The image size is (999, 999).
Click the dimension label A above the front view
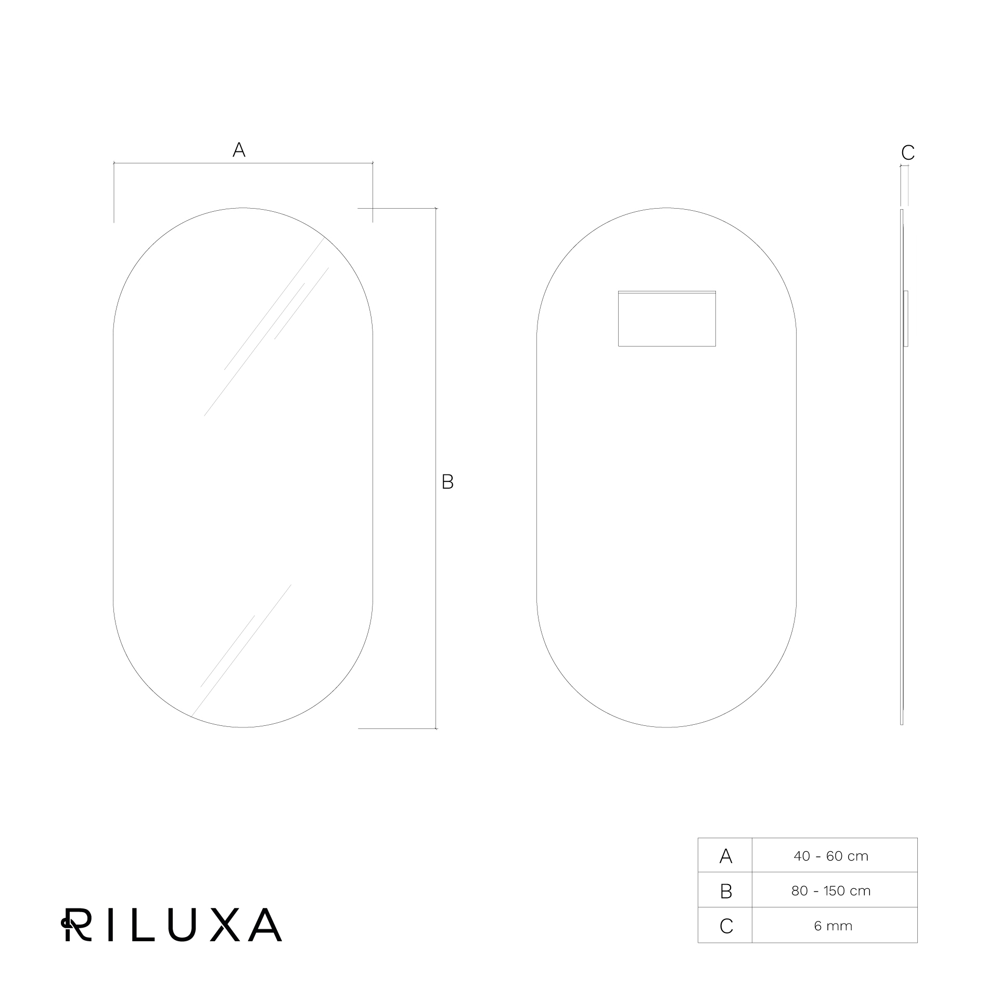click(239, 150)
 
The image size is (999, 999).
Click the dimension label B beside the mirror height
click(447, 482)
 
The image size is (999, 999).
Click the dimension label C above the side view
click(908, 152)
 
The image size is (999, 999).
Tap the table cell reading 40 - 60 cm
click(831, 856)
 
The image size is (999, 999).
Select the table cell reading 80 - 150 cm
click(831, 891)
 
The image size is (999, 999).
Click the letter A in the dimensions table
click(726, 856)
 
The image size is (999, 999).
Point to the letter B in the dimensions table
click(726, 891)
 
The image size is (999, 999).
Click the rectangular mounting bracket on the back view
click(667, 318)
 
